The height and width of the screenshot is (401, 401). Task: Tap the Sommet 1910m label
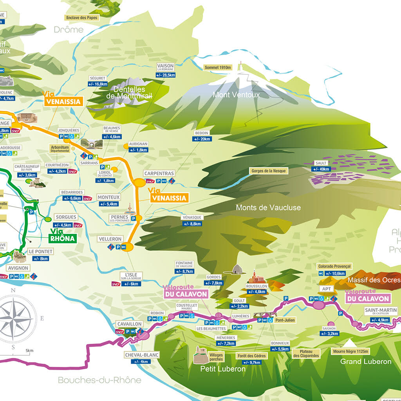[x=218, y=67]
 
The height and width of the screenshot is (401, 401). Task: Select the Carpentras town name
[x=159, y=173]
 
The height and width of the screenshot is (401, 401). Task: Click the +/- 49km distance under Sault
[x=321, y=169]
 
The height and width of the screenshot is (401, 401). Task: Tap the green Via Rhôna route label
[x=61, y=235]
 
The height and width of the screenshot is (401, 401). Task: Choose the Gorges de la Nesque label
[x=269, y=171]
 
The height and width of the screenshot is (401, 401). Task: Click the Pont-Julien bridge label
[x=285, y=320]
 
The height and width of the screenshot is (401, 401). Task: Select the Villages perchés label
[x=216, y=357]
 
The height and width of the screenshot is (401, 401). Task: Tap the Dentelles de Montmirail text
[x=129, y=92]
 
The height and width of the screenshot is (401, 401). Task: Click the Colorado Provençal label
[x=335, y=266]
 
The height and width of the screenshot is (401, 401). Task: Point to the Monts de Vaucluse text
[x=268, y=208]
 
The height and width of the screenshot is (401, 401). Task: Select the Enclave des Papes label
[x=83, y=18]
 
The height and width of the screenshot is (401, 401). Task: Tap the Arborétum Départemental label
[x=60, y=148]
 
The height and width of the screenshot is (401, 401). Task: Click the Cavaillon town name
[x=129, y=324]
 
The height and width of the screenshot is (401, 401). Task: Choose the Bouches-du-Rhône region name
[x=99, y=380]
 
